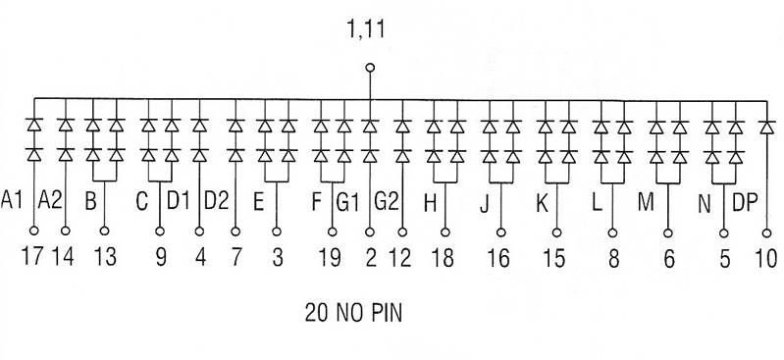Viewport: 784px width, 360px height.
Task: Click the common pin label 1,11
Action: [x=367, y=30]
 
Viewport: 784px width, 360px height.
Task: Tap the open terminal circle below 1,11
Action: [x=370, y=68]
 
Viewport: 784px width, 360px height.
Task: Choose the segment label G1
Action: [x=349, y=202]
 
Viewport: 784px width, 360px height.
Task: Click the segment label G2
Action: [x=388, y=202]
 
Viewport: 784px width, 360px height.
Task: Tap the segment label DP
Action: [x=746, y=202]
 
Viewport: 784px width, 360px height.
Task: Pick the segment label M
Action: [x=646, y=202]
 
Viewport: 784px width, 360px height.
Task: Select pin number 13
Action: [x=104, y=259]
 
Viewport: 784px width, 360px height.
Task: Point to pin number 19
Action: [x=330, y=259]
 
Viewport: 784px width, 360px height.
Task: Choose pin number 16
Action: [x=498, y=259]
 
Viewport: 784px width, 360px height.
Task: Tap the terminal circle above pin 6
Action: [x=669, y=231]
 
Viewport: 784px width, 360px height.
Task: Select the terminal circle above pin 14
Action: [x=66, y=231]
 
